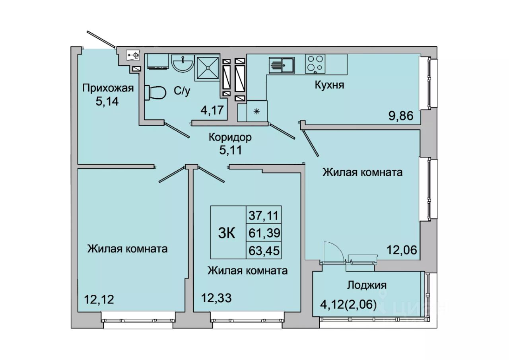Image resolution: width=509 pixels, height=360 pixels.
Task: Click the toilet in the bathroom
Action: click(x=155, y=93)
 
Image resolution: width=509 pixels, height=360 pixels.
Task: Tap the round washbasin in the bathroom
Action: click(x=183, y=63)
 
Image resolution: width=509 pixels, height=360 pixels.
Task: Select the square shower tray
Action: click(x=207, y=68)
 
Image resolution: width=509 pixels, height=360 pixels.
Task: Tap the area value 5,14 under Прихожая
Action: click(x=107, y=101)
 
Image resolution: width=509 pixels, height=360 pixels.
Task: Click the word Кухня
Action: click(x=329, y=85)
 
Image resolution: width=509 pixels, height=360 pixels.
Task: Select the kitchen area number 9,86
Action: click(x=400, y=116)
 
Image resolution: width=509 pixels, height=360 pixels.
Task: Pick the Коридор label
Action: click(x=230, y=137)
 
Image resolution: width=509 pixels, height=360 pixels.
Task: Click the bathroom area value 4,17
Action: click(x=214, y=111)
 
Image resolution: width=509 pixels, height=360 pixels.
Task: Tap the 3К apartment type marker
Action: click(x=227, y=234)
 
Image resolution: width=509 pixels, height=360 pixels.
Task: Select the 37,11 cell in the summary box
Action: click(x=263, y=215)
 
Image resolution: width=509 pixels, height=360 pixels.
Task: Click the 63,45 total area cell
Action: click(x=264, y=251)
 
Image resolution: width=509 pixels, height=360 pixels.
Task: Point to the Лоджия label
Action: click(x=367, y=285)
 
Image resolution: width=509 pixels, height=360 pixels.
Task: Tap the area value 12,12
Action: click(x=99, y=300)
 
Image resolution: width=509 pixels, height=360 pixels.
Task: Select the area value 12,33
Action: click(x=216, y=298)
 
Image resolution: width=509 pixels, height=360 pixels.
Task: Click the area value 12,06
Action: click(x=402, y=250)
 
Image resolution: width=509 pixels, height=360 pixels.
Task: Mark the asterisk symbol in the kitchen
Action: click(x=257, y=111)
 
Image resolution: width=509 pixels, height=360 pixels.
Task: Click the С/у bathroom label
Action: click(x=182, y=91)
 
